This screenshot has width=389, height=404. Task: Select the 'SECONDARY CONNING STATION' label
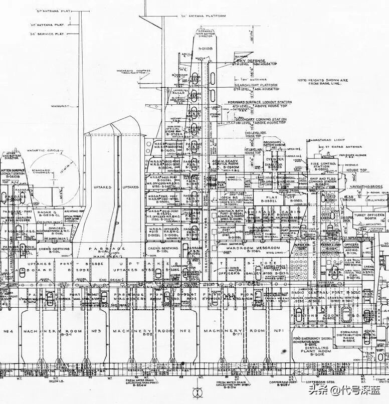261,119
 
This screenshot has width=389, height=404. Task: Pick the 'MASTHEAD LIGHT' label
328,139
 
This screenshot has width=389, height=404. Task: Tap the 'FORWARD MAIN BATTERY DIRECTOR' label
206,34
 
